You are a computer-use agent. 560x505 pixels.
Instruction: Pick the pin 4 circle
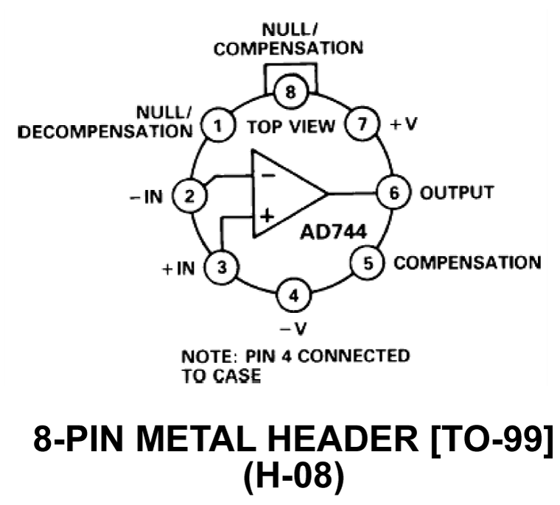pyautogui.click(x=294, y=297)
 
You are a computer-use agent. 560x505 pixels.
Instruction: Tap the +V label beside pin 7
pyautogui.click(x=404, y=125)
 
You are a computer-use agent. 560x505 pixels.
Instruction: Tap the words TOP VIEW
pyautogui.click(x=290, y=127)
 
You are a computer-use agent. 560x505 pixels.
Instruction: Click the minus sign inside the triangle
pyautogui.click(x=267, y=175)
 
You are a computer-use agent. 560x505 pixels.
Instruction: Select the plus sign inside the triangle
pyautogui.click(x=267, y=216)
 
